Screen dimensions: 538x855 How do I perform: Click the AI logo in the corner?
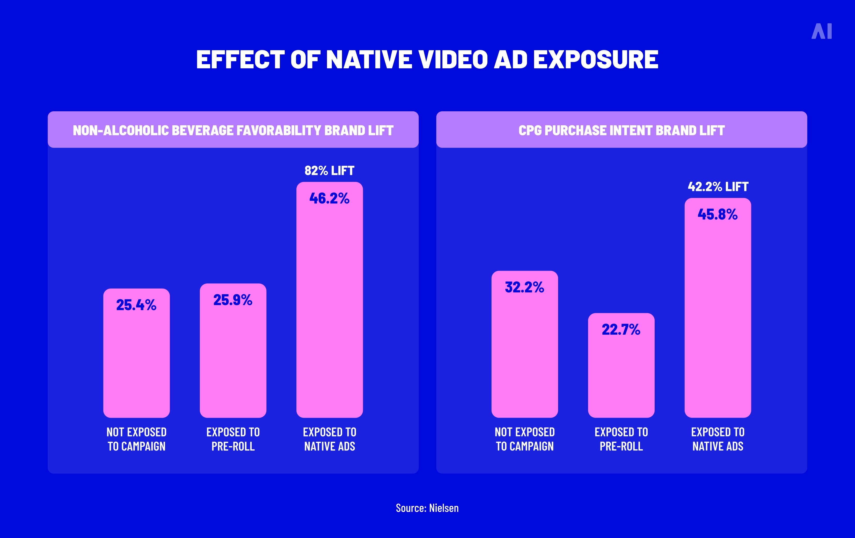(x=821, y=31)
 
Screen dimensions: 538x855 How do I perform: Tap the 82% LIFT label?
(x=329, y=171)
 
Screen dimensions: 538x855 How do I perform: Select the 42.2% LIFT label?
(x=718, y=187)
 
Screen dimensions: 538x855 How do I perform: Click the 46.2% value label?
(x=329, y=198)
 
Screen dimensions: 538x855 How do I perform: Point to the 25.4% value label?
(x=136, y=305)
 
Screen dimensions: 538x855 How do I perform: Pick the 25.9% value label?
(x=233, y=300)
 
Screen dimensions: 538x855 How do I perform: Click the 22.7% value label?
(x=621, y=330)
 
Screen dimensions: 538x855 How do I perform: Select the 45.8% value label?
(x=718, y=214)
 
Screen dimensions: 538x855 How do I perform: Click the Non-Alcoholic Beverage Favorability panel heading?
(x=233, y=130)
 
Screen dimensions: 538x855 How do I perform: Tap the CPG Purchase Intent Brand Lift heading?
(x=621, y=130)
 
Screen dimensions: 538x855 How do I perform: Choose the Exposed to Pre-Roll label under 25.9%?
(x=233, y=439)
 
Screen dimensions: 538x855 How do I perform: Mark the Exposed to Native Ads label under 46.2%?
(x=330, y=439)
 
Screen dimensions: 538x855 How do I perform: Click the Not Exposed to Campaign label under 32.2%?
(x=525, y=439)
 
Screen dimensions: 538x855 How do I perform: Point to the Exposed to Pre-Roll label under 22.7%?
(x=621, y=439)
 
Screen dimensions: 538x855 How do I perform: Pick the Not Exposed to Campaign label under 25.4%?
(x=136, y=439)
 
